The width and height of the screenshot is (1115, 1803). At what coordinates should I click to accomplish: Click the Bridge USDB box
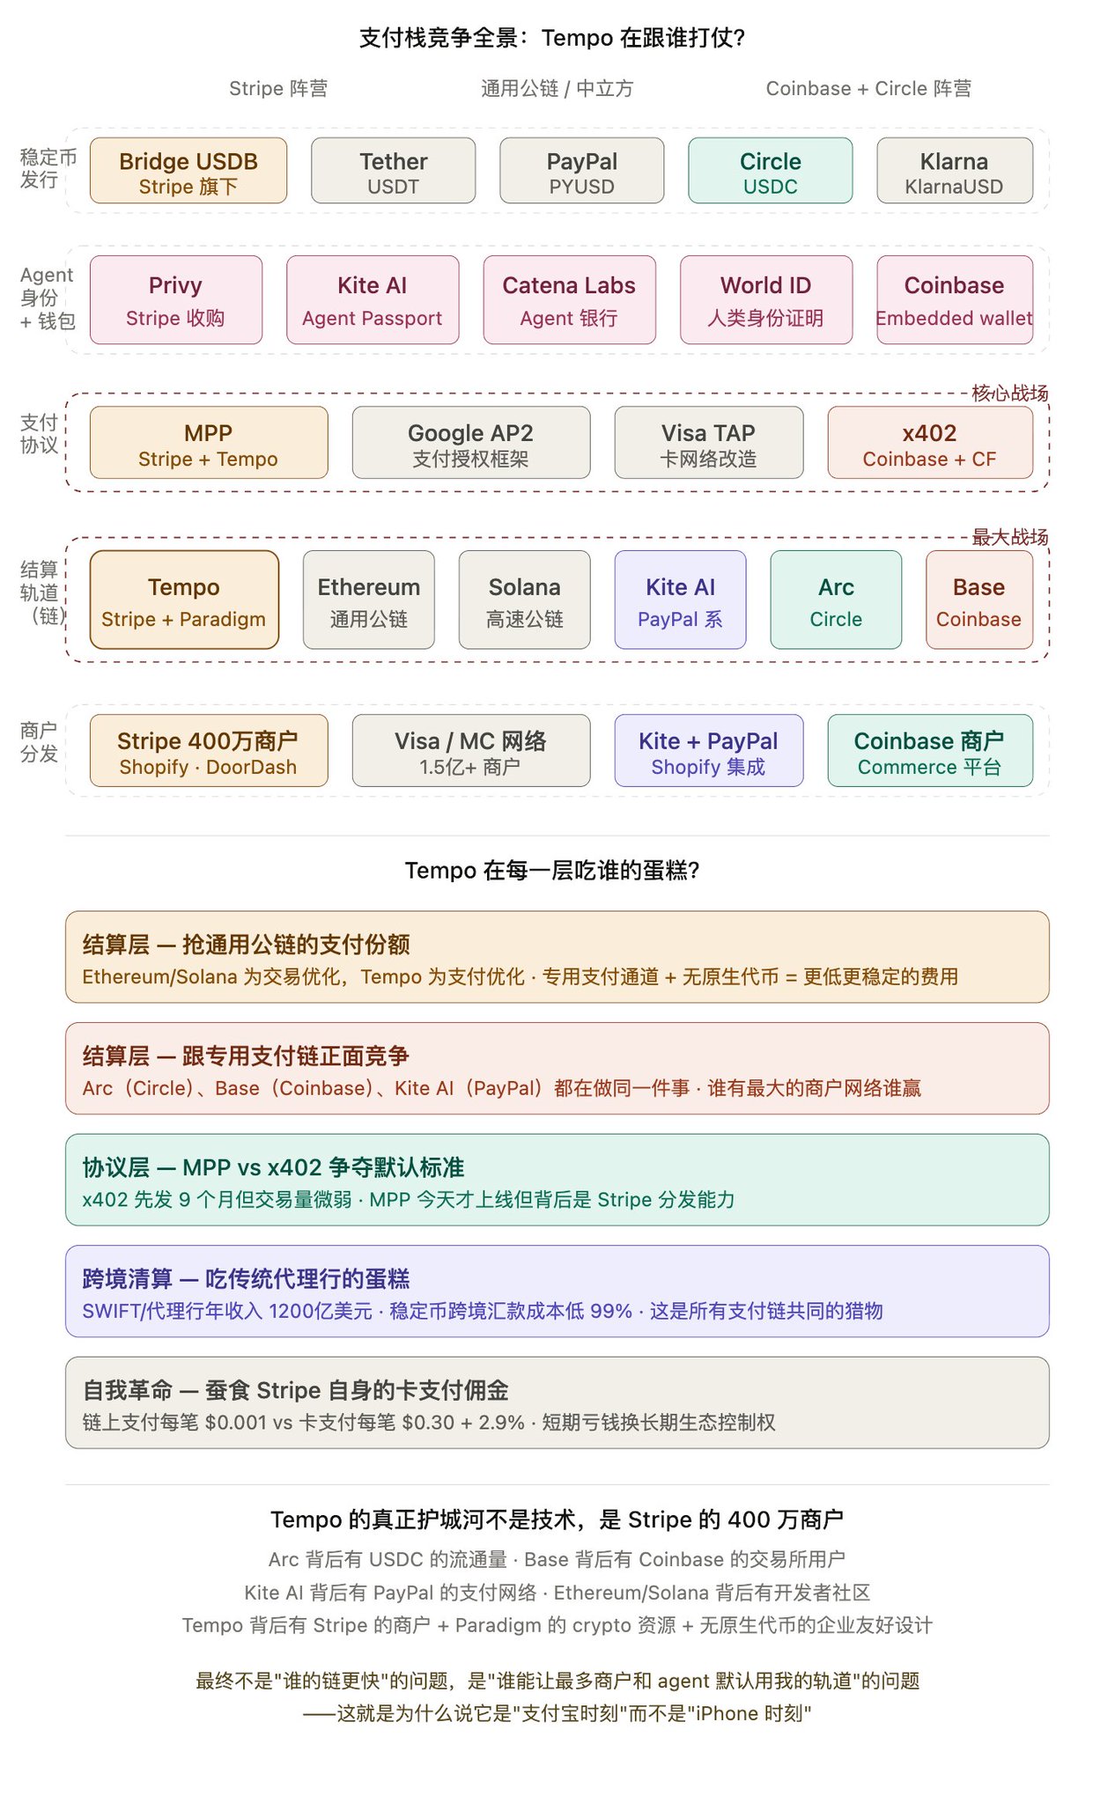tap(188, 171)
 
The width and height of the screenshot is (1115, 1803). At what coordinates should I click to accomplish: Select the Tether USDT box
tap(393, 171)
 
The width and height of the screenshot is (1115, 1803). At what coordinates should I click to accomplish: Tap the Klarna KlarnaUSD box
tap(954, 171)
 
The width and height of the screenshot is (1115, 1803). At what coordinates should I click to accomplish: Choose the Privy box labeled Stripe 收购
tap(175, 299)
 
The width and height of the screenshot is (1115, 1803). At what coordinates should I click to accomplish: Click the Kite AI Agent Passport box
tap(372, 299)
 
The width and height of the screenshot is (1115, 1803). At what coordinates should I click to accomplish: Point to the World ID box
tap(765, 299)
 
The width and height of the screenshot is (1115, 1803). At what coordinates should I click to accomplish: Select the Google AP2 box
tap(470, 443)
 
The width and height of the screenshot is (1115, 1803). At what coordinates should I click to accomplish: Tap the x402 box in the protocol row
tap(929, 443)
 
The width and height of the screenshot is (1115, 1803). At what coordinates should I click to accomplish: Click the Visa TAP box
tap(708, 443)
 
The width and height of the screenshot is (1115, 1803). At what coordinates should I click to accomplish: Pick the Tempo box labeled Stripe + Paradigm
tap(183, 600)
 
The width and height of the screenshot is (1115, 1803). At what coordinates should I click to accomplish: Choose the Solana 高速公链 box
tap(524, 600)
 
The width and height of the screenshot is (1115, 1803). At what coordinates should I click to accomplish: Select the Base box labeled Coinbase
tap(978, 600)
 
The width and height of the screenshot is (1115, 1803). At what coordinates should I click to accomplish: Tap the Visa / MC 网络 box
tap(470, 751)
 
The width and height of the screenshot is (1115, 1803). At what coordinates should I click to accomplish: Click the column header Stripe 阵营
tap(278, 89)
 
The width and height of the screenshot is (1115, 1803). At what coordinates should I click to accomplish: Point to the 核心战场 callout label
tap(1009, 394)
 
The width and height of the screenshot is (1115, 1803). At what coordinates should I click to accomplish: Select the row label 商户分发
tap(39, 742)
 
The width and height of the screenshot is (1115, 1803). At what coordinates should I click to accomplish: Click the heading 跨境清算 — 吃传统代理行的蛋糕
tap(246, 1278)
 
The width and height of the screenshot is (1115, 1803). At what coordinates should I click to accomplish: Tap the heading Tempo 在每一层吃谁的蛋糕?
tap(552, 871)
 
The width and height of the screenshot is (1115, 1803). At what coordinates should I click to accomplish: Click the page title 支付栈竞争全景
tap(552, 38)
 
